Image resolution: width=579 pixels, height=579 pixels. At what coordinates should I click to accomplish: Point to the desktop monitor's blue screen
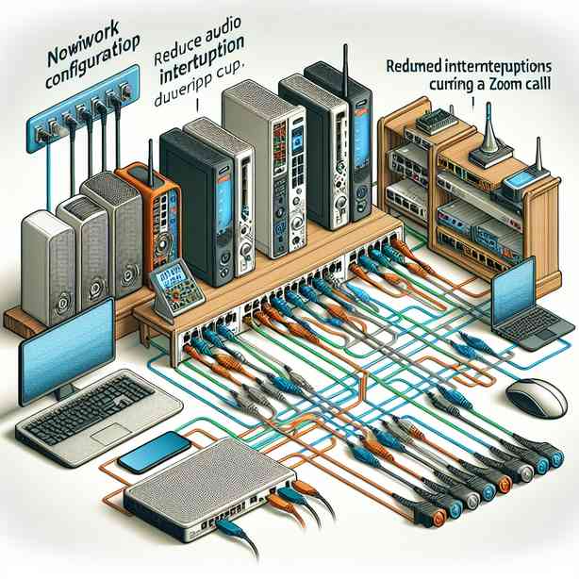click(58, 340)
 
